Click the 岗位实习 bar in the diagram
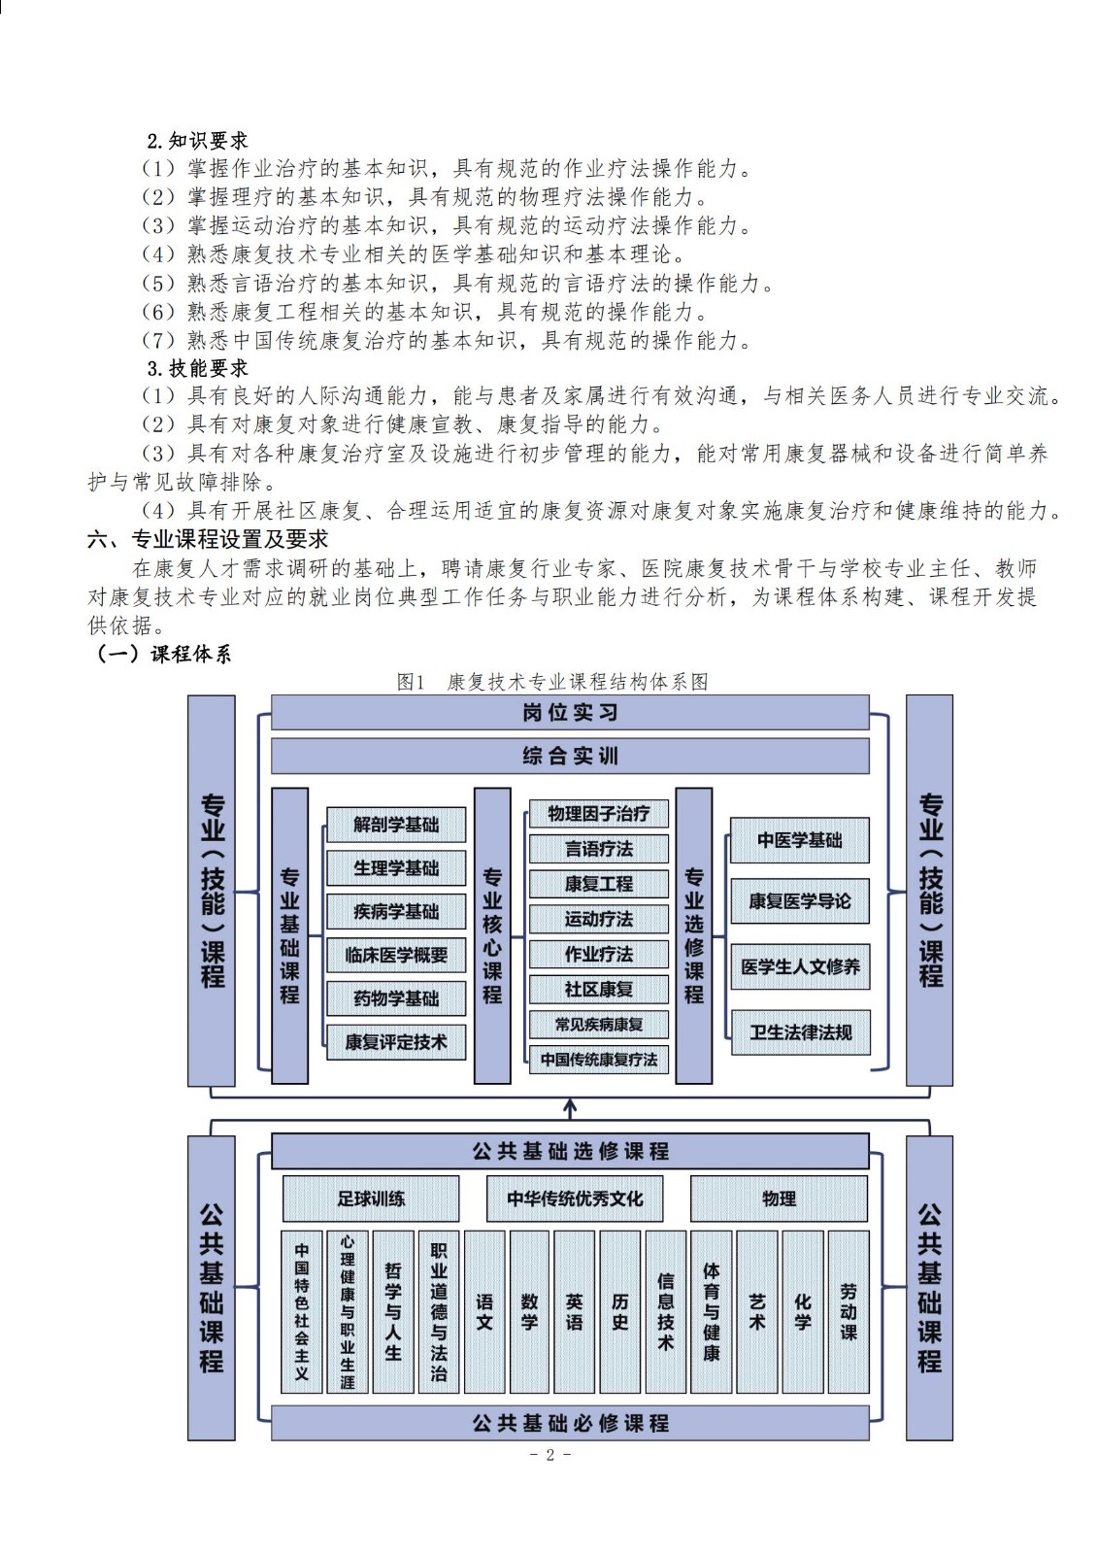click(570, 713)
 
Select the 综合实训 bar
click(570, 756)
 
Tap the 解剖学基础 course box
click(396, 825)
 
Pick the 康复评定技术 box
click(396, 1041)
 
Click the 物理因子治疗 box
click(599, 813)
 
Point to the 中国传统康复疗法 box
click(599, 1060)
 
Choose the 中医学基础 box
click(800, 840)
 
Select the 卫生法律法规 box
click(800, 1032)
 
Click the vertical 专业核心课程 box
click(492, 935)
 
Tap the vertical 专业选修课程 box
click(693, 935)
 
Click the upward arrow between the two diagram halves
click(570, 1109)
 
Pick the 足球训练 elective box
click(371, 1199)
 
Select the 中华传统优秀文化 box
click(575, 1199)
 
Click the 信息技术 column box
click(665, 1312)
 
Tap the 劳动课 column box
click(848, 1312)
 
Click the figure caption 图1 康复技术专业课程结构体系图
click(552, 682)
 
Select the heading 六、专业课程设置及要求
click(208, 539)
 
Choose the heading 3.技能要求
click(197, 368)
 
